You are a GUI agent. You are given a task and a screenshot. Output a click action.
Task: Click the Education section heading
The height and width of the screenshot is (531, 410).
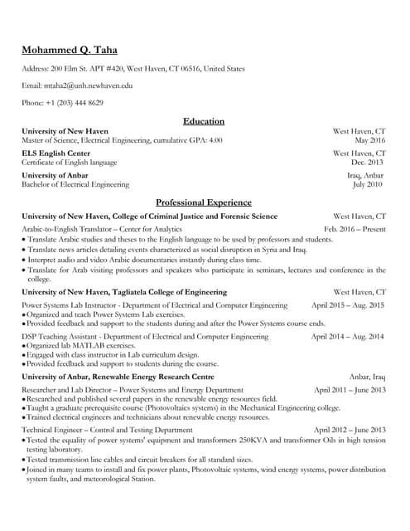(x=204, y=121)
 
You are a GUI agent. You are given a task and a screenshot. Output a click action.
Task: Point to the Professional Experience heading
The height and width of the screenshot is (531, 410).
(x=204, y=202)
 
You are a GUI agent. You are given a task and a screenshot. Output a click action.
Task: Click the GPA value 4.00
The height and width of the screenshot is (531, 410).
(x=215, y=140)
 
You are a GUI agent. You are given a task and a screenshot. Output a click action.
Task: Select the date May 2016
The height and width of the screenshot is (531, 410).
(x=370, y=140)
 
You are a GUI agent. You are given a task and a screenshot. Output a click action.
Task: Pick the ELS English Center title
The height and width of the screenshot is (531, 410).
(x=55, y=153)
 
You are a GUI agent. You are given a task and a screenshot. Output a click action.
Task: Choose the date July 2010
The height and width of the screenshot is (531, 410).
(x=369, y=185)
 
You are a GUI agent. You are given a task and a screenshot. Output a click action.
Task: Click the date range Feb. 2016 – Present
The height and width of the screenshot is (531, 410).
(x=355, y=228)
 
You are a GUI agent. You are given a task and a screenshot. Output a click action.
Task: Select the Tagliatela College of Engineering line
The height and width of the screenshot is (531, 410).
(x=123, y=292)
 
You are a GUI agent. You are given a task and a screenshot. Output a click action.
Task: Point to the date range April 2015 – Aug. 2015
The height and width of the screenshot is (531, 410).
(x=348, y=305)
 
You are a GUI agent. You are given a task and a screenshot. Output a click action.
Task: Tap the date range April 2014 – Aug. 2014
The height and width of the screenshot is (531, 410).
(x=348, y=337)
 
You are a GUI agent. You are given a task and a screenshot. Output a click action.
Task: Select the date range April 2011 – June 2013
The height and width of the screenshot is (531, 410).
(x=350, y=390)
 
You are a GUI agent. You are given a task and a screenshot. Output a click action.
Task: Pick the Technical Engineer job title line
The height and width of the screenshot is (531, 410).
(x=107, y=431)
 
